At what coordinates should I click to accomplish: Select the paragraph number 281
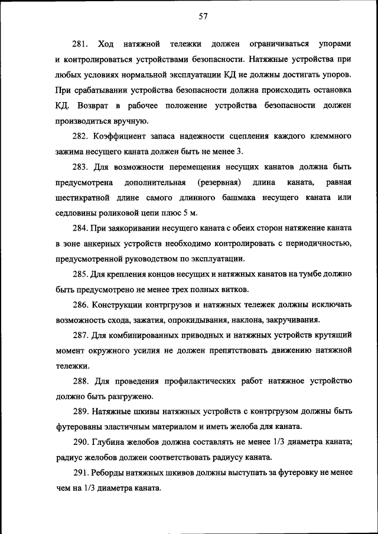(80, 45)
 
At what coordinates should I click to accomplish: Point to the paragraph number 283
(80, 166)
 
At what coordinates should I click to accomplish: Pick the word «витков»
(236, 289)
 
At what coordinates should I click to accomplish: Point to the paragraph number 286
(80, 304)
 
